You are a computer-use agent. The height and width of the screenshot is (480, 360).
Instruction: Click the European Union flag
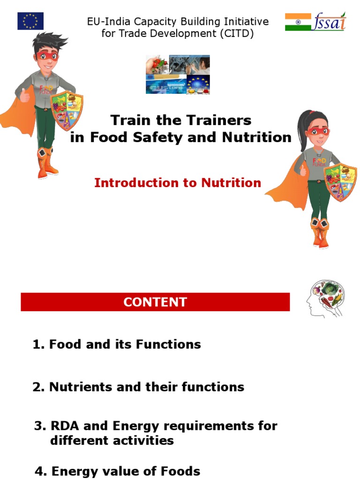click(x=30, y=21)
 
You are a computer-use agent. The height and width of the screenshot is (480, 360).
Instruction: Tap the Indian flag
click(x=298, y=22)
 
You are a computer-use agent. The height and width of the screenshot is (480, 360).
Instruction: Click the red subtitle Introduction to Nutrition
click(x=178, y=183)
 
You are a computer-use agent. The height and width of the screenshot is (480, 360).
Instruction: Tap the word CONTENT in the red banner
click(x=155, y=302)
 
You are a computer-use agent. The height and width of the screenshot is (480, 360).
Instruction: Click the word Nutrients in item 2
click(x=78, y=387)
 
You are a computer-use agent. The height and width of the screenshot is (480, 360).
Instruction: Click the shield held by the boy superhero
click(x=67, y=110)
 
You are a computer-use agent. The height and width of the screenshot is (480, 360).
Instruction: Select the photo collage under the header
click(x=178, y=75)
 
